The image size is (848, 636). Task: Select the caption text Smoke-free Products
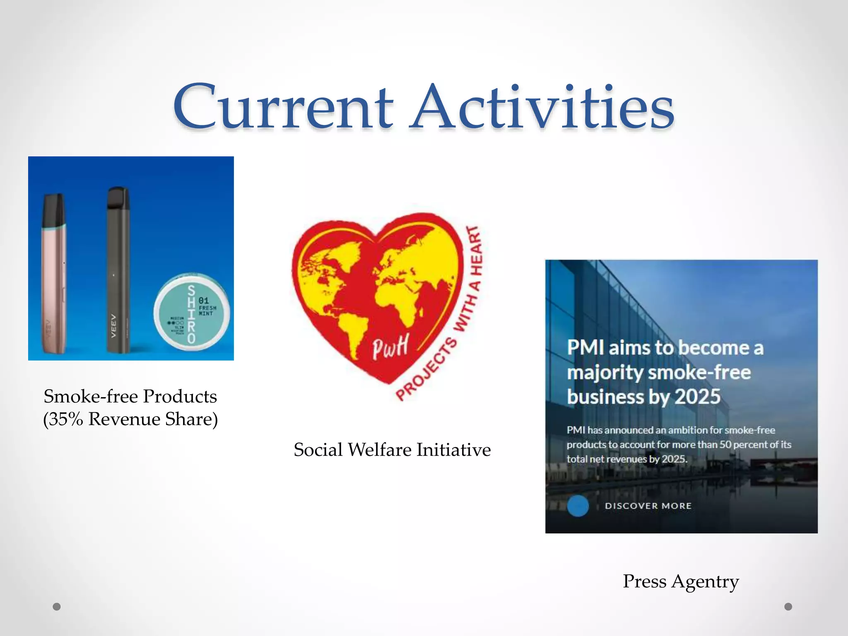(x=130, y=396)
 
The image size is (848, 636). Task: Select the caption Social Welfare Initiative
(x=392, y=450)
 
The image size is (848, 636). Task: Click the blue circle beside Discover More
(x=578, y=506)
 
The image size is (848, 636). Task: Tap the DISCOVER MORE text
(x=648, y=506)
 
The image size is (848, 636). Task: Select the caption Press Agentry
(x=681, y=581)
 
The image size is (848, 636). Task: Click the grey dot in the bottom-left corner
(x=57, y=607)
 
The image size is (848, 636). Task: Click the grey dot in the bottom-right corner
(x=788, y=607)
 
